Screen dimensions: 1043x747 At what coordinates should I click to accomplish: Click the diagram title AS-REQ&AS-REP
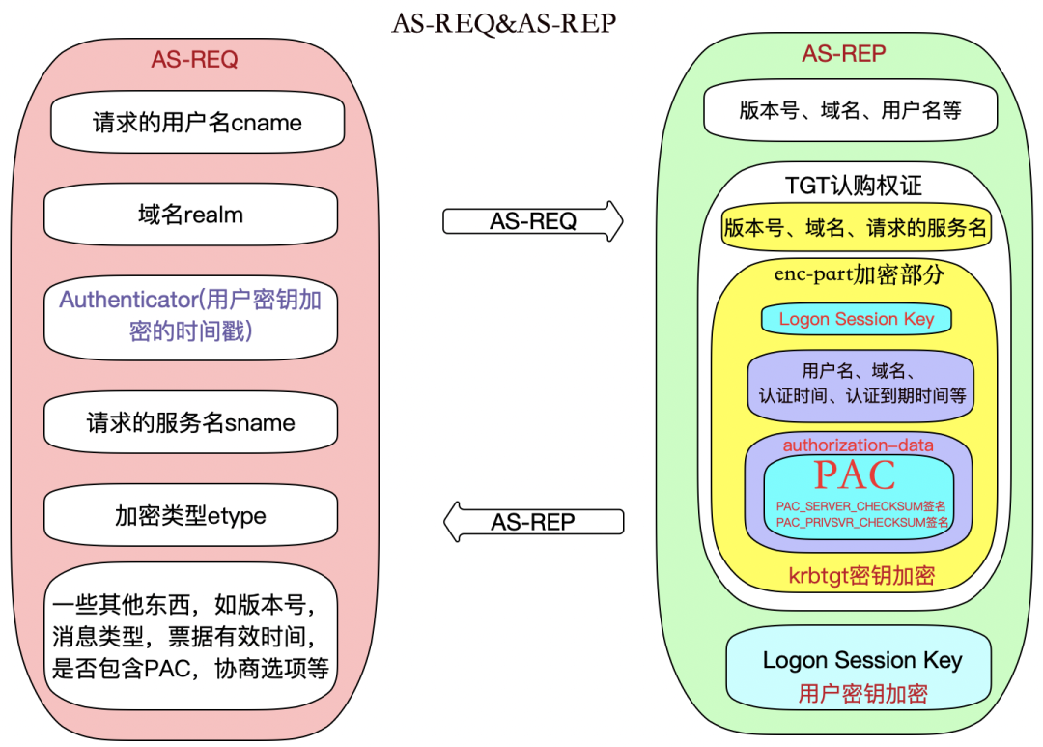click(504, 23)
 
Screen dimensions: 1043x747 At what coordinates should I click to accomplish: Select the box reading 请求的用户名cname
click(198, 123)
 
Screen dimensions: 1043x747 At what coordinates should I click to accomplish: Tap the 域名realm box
click(191, 215)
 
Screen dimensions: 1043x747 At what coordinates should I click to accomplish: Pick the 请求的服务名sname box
click(191, 422)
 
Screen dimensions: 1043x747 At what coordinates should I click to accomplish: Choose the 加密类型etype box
click(191, 515)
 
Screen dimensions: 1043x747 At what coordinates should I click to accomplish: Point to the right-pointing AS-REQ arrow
click(533, 221)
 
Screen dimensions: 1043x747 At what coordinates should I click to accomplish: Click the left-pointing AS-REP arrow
click(533, 522)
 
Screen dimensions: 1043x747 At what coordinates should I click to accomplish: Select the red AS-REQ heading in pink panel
click(194, 60)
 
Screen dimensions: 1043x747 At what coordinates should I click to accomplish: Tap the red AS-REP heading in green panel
click(844, 53)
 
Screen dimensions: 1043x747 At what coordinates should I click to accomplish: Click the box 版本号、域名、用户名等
click(851, 110)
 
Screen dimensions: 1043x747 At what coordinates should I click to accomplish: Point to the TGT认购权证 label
click(854, 186)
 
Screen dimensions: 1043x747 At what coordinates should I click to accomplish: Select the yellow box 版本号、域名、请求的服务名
click(856, 228)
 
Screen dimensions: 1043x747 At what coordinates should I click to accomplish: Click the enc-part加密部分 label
click(860, 274)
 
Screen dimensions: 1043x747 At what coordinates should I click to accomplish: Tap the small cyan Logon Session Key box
click(857, 319)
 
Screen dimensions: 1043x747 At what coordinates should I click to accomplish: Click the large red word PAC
click(856, 474)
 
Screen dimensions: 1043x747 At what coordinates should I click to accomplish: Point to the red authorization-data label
click(859, 445)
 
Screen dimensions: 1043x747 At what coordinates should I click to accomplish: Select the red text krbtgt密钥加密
click(862, 575)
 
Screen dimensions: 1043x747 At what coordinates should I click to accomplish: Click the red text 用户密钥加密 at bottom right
click(862, 694)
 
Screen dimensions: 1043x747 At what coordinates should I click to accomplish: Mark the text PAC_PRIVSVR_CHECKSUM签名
click(862, 523)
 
